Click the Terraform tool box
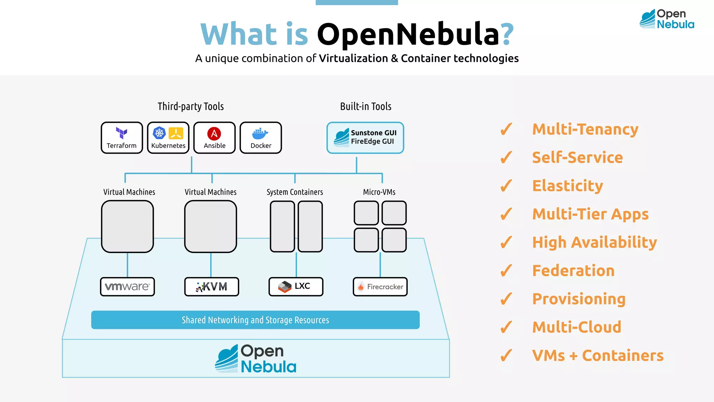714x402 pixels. tap(122, 138)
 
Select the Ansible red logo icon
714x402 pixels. tap(214, 134)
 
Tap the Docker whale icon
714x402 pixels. tap(260, 134)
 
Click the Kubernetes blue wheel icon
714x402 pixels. tap(159, 133)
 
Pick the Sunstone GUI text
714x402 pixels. tap(373, 133)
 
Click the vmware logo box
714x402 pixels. tap(127, 287)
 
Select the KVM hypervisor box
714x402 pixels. tap(212, 287)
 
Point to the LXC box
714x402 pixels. tap(296, 287)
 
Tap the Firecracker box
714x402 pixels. tap(380, 287)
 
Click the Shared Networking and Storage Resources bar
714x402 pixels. tap(255, 320)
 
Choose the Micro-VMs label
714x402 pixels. tap(379, 192)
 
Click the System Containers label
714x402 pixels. tap(295, 192)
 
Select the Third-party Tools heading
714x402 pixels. tap(190, 106)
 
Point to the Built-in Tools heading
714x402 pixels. tap(365, 106)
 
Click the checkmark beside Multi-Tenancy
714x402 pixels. tap(506, 129)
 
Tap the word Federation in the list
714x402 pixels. tap(573, 271)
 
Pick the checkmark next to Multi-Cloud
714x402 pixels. tap(506, 327)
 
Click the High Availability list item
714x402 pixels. tap(594, 243)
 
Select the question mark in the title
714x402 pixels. tap(507, 34)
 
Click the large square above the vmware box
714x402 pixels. tap(127, 226)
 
